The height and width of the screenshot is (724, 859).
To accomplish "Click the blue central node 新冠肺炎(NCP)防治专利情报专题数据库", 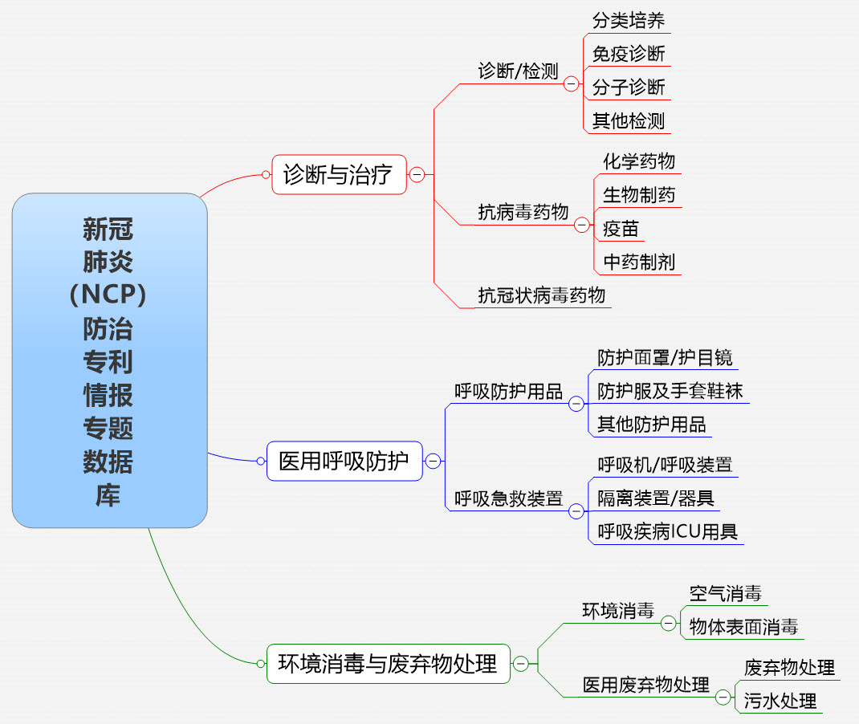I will click(x=109, y=360).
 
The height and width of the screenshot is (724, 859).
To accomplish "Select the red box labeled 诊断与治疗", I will click(x=338, y=174).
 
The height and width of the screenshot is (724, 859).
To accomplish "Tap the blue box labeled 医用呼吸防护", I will click(x=344, y=461).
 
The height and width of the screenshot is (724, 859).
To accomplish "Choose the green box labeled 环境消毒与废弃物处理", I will click(x=388, y=664).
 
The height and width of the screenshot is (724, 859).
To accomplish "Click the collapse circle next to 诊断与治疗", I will click(x=417, y=174).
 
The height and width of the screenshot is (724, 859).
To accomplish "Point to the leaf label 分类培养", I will click(x=629, y=20).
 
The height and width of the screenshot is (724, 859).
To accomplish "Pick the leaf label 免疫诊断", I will click(x=629, y=54).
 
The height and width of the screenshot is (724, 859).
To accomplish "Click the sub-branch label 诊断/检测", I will click(x=518, y=71).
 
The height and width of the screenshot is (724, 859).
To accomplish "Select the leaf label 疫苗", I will click(x=621, y=229).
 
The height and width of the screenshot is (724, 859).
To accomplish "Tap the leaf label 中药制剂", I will click(x=639, y=262).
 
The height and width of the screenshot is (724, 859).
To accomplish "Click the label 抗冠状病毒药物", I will click(x=542, y=295).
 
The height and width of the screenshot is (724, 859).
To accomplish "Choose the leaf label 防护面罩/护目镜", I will click(x=665, y=357).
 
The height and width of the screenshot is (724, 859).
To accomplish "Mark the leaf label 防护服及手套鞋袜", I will click(x=670, y=391).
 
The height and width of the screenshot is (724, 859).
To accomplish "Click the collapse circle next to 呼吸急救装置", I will click(x=576, y=510).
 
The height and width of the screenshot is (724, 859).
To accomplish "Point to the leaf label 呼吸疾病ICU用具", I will click(x=668, y=531).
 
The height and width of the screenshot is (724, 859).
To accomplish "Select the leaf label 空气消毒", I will click(x=725, y=594).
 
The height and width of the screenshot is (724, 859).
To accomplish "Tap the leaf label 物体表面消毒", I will click(x=743, y=627).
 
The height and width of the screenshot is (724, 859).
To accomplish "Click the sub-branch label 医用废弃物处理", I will click(x=646, y=685).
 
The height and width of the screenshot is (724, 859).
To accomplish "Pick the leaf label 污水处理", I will click(x=780, y=700).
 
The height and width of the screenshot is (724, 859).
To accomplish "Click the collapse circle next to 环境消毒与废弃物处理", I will click(x=521, y=664).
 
